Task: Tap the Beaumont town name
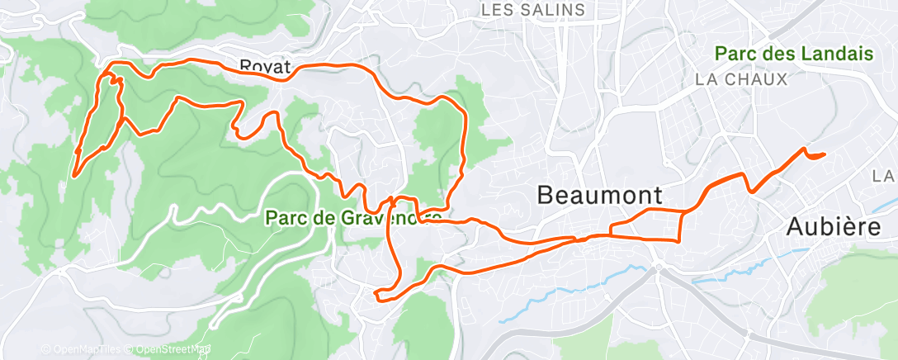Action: pyautogui.click(x=599, y=196)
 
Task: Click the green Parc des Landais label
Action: pyautogui.click(x=794, y=54)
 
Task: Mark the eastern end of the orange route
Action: pyautogui.click(x=825, y=154)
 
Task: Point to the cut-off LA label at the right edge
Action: pyautogui.click(x=886, y=176)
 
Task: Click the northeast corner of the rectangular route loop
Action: pyautogui.click(x=682, y=213)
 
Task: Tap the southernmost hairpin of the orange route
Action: pyautogui.click(x=377, y=295)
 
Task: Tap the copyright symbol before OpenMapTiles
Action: pyautogui.click(x=45, y=349)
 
